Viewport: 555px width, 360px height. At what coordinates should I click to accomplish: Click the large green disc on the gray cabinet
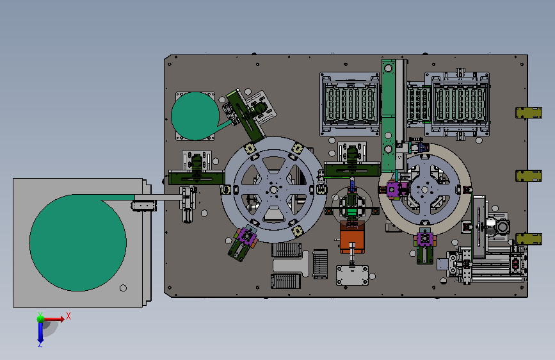pos(78,243)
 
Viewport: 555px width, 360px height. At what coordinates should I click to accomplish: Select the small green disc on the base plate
pos(195,116)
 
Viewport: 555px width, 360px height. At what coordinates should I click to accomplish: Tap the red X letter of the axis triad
pos(68,316)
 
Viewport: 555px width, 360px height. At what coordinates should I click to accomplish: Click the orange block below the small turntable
pos(352,237)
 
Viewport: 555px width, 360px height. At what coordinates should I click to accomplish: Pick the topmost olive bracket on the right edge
pos(529,113)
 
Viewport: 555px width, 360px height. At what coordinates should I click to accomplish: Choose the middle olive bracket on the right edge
pos(529,176)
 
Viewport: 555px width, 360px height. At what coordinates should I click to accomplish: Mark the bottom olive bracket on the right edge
pos(529,239)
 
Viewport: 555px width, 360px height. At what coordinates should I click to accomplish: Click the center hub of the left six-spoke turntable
pos(273,190)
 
